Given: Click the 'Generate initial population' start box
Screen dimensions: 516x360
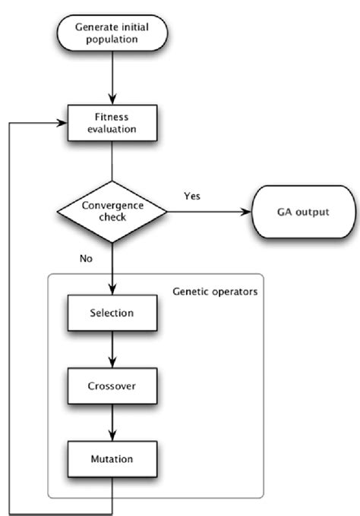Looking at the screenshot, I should pyautogui.click(x=112, y=33).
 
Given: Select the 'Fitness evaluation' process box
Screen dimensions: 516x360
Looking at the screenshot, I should pyautogui.click(x=112, y=122).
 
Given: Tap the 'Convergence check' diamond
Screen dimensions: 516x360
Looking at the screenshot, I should pyautogui.click(x=112, y=212).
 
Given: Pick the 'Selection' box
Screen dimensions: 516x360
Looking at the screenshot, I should pyautogui.click(x=112, y=313).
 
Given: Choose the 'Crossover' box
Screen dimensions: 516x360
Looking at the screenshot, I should pyautogui.click(x=112, y=386).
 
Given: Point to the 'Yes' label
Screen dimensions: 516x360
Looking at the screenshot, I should pyautogui.click(x=193, y=196).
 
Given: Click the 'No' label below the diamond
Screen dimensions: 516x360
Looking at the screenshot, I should pyautogui.click(x=86, y=258).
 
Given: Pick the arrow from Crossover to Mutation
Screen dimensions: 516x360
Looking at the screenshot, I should pyautogui.click(x=112, y=423).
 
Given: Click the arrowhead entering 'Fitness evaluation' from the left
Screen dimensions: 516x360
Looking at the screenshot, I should pyautogui.click(x=63, y=122).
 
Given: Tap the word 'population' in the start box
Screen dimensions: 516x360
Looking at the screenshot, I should pyautogui.click(x=112, y=40).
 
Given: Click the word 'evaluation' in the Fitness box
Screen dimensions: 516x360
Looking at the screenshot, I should pyautogui.click(x=112, y=129).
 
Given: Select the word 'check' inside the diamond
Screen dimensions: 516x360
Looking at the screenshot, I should pyautogui.click(x=112, y=219).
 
